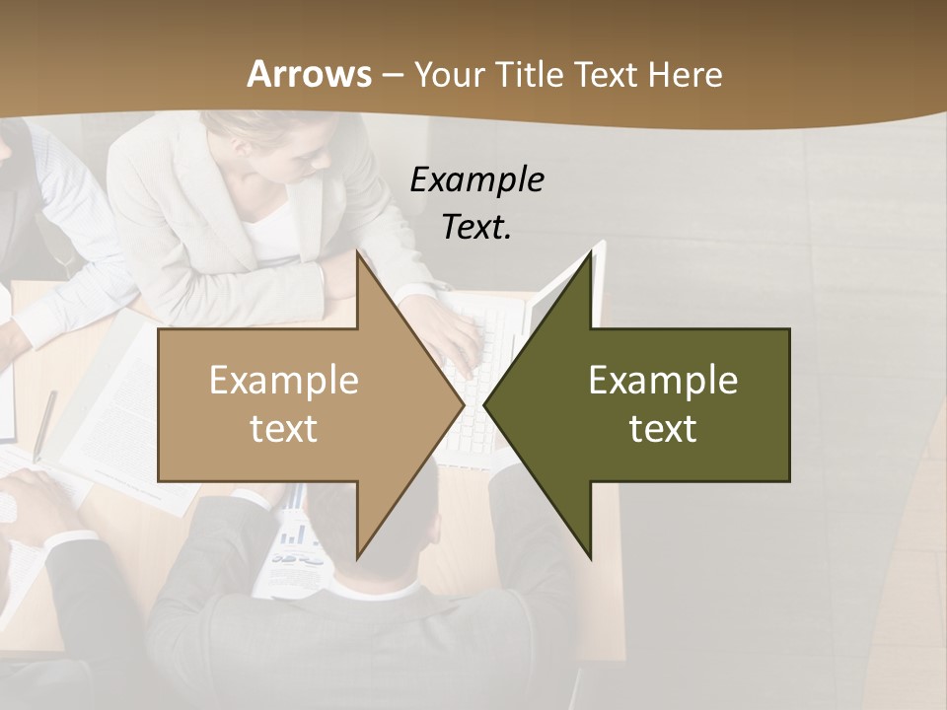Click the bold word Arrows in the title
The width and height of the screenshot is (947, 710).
point(309,74)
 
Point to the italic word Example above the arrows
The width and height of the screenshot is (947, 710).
point(476,179)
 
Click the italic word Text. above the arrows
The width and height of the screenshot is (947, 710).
point(476,227)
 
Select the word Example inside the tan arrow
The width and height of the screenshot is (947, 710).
point(284,381)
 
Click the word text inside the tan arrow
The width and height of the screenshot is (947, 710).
point(284,429)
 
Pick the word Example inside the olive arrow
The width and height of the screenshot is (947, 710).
point(663,381)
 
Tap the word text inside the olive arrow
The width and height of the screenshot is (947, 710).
point(663,429)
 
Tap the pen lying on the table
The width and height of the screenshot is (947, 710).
point(44,425)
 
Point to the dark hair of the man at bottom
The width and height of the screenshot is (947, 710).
point(385,513)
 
